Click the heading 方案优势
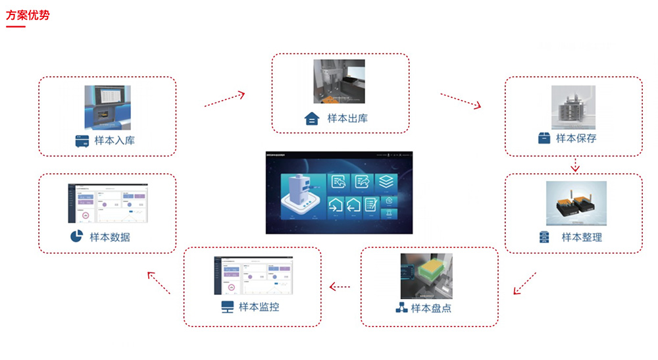pos(28,15)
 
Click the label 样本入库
pos(115,140)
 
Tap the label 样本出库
pos(347,118)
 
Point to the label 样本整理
pos(582,237)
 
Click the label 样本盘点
pos(431,307)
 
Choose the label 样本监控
pos(259,307)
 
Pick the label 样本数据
pos(110,237)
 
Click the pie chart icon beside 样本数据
pos(76,236)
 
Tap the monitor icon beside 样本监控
pos(227,307)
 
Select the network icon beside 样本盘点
pos(401,307)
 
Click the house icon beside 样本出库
pos(311,119)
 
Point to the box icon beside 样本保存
pos(544,138)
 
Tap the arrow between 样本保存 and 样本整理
pos(575,165)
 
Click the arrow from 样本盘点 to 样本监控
pos(340,286)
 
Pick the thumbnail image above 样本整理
pos(576,203)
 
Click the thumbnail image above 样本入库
pos(107,107)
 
